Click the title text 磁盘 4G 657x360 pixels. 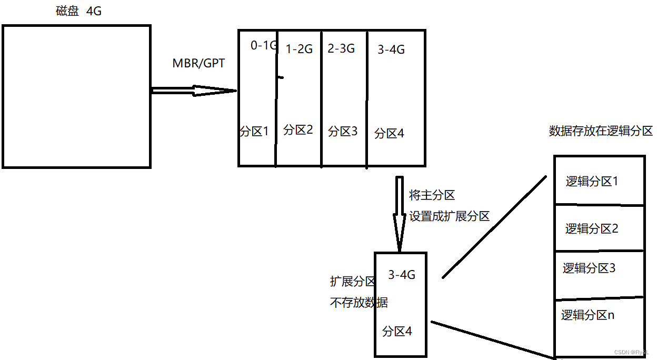78,11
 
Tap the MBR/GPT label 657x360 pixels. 198,64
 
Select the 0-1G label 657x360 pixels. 263,46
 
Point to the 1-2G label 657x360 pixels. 299,49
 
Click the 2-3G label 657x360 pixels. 341,49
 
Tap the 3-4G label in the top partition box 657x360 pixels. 391,50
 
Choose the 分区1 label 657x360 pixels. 254,131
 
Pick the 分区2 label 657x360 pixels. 298,129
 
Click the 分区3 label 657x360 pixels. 343,131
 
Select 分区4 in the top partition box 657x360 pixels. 389,134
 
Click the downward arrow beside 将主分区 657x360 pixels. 400,213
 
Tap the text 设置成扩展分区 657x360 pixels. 449,216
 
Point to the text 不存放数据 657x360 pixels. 359,303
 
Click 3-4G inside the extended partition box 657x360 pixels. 402,275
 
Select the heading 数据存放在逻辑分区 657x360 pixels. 601,131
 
